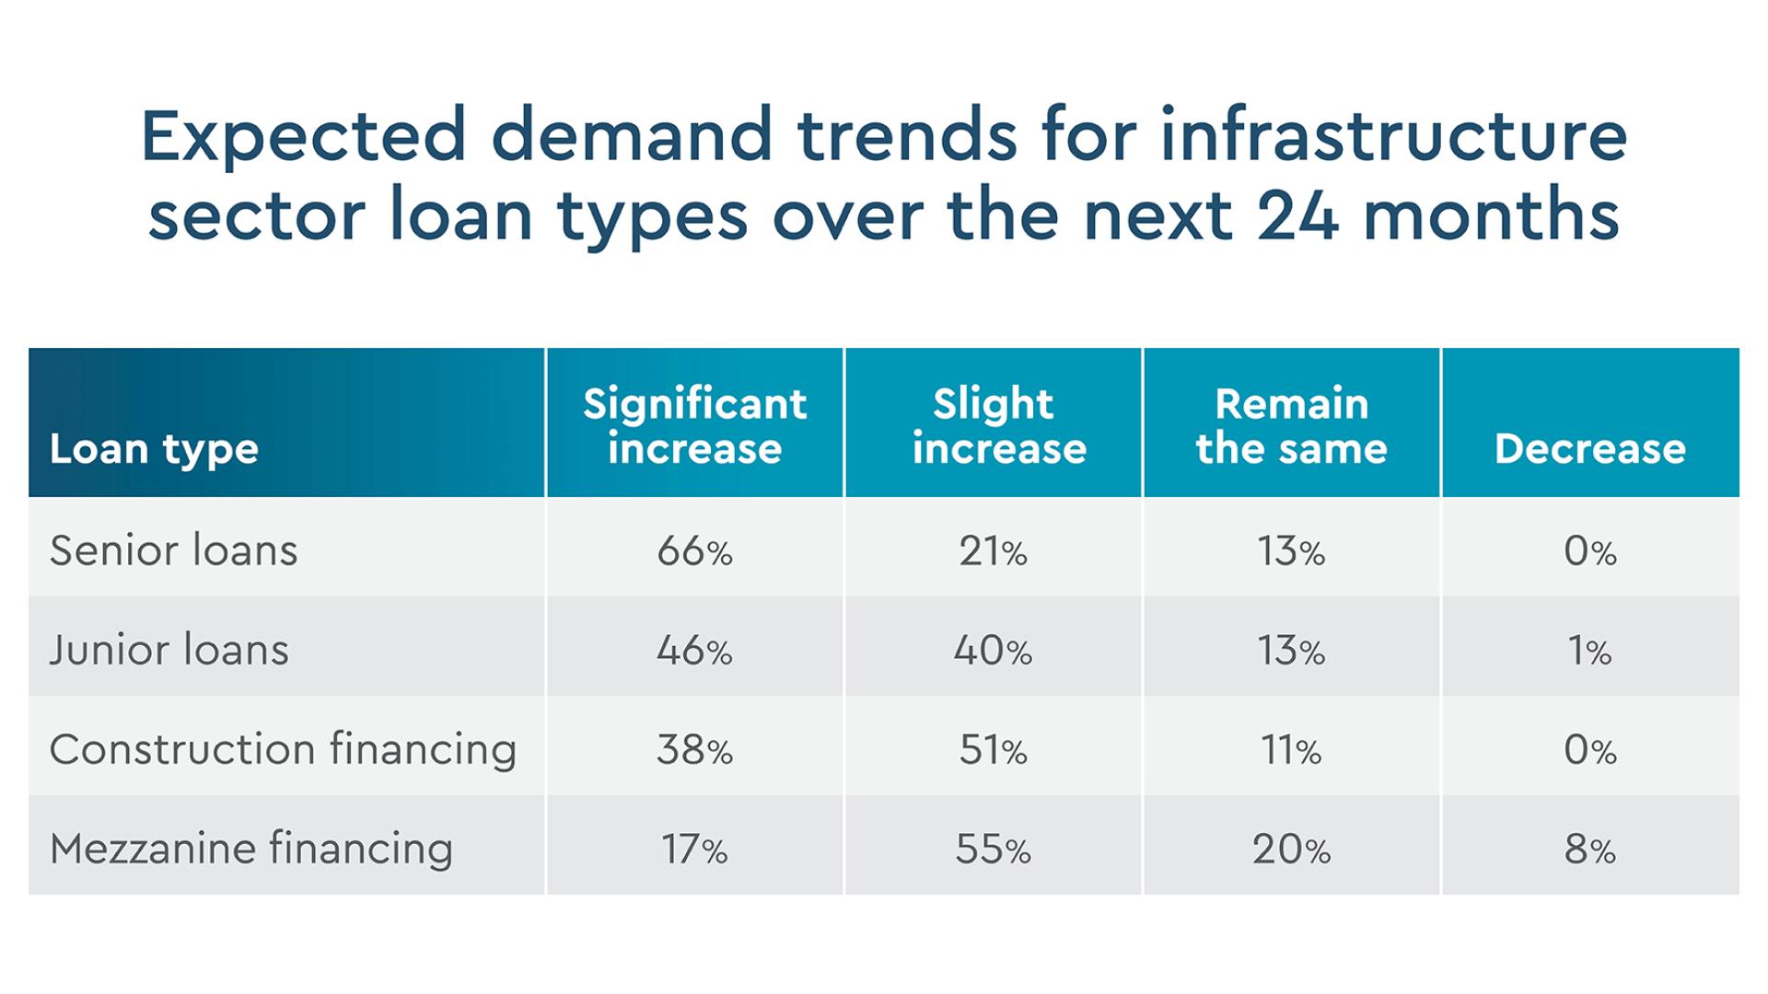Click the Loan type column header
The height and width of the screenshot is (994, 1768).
[154, 449]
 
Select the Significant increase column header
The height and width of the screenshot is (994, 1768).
[694, 425]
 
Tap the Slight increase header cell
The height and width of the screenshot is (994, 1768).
[993, 425]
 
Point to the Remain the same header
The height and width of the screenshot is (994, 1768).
[1291, 425]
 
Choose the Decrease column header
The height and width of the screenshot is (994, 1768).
[1589, 449]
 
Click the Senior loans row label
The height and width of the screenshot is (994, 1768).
[174, 550]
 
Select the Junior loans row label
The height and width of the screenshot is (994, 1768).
[169, 650]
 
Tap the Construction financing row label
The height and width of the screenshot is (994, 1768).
[283, 749]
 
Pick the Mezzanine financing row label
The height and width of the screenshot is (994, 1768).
[251, 849]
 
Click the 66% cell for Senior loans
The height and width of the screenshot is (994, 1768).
[694, 551]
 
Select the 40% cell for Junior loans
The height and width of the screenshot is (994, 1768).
[993, 651]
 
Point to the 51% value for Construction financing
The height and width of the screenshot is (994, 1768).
[993, 750]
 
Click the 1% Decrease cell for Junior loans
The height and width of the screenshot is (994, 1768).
[1589, 651]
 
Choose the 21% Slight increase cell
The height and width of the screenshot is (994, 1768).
[993, 551]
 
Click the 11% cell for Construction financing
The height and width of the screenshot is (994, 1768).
[1291, 750]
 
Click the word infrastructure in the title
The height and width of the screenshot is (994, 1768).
[1393, 135]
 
